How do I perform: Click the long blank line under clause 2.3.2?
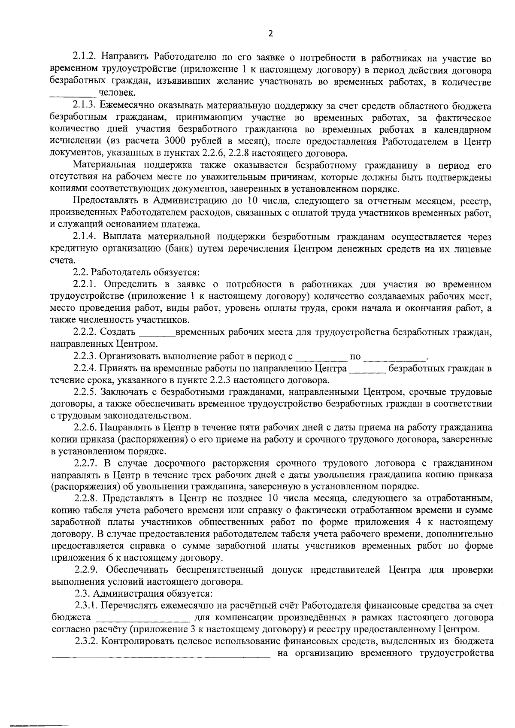point(161,656)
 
